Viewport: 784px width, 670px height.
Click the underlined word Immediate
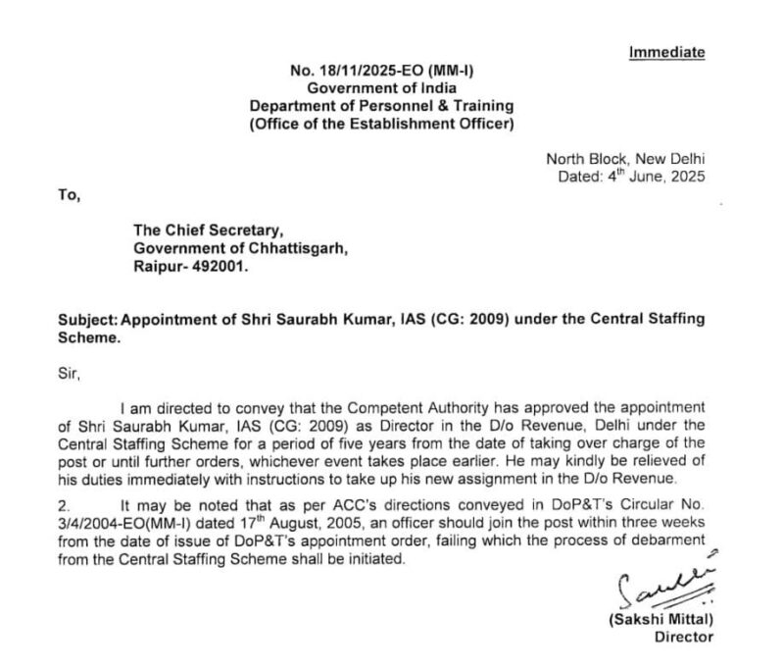pyautogui.click(x=666, y=52)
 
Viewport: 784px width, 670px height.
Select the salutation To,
pyautogui.click(x=70, y=194)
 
